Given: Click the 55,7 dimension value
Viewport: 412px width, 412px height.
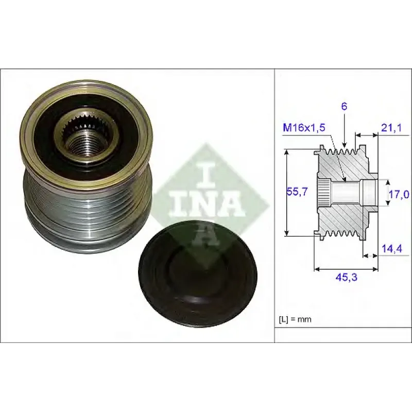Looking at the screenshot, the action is tap(297, 192).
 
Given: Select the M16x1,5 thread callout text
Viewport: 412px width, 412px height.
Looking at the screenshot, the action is tap(304, 128).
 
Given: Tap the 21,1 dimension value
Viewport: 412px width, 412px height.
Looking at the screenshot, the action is tap(391, 128).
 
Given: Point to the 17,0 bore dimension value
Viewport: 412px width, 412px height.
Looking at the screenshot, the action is tap(399, 195).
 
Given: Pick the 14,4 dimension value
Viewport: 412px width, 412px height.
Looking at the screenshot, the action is tap(392, 249).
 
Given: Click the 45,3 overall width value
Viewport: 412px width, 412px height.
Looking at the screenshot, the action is tap(347, 277).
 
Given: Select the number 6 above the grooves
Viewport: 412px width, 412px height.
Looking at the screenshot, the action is tap(344, 107).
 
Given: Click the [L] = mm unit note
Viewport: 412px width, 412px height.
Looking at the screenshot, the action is tap(295, 319).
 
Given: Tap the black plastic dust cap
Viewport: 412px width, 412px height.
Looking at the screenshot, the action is tap(197, 274).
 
